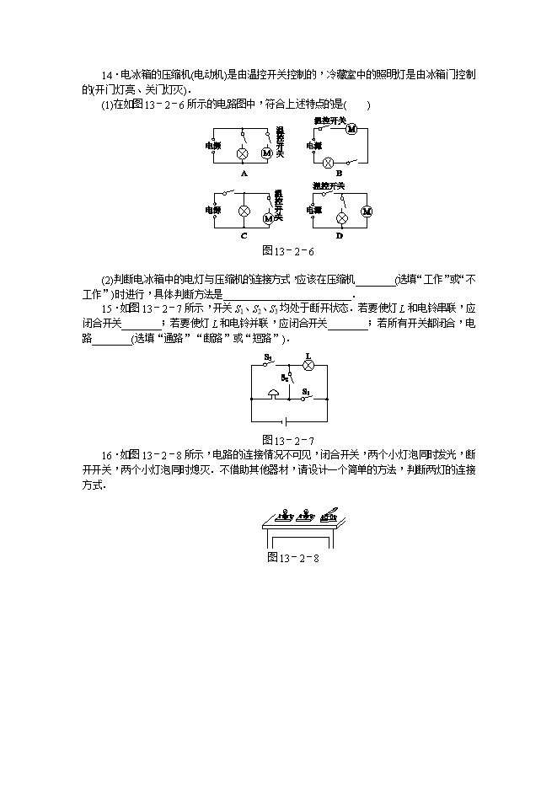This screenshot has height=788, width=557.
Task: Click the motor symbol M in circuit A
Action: click(x=266, y=153)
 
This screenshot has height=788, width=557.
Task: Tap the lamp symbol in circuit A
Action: click(x=243, y=153)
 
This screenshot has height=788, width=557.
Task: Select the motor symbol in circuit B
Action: click(x=352, y=129)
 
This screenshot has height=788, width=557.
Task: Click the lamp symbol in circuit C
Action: click(x=244, y=211)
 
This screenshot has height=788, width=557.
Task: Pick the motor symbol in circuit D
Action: click(x=366, y=211)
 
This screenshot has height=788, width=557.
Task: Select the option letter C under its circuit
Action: click(x=244, y=236)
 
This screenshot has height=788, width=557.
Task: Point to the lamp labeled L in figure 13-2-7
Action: click(x=308, y=366)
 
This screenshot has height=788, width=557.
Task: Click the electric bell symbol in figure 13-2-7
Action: click(x=274, y=394)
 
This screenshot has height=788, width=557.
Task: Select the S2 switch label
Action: click(x=285, y=378)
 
